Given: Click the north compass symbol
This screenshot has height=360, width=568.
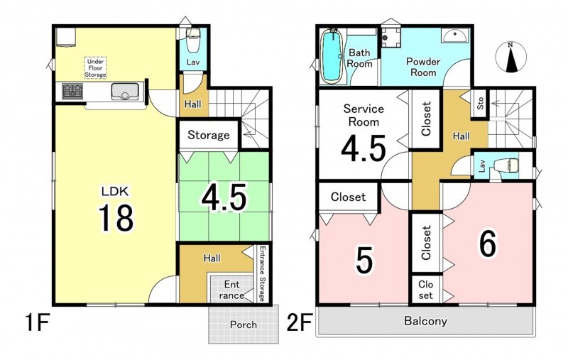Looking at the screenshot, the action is (x=510, y=57).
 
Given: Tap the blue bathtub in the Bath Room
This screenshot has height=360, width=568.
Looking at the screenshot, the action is (x=332, y=56).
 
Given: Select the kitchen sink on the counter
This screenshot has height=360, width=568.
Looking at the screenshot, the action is (x=125, y=91).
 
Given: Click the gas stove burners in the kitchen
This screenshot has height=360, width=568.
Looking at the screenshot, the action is (x=72, y=91).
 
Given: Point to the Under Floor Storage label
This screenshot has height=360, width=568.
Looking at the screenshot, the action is (x=96, y=68).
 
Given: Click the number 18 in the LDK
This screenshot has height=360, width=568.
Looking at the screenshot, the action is (x=116, y=217).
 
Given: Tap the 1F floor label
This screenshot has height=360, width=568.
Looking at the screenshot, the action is (x=38, y=322).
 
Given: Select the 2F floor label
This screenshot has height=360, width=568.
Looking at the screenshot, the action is (x=299, y=322).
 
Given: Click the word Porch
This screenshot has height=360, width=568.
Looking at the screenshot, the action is (x=244, y=324).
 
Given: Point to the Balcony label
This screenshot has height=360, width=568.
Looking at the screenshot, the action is (x=425, y=321).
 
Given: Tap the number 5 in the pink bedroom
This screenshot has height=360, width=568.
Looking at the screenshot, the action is (x=364, y=261).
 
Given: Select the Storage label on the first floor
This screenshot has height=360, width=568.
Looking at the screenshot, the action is (x=208, y=136).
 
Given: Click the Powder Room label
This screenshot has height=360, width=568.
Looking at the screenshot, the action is (x=423, y=67).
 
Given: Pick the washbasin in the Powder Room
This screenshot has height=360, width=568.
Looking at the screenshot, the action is (x=454, y=36).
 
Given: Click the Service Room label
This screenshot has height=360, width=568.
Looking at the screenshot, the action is (x=364, y=115).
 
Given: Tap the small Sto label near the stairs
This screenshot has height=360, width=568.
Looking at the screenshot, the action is (x=481, y=104).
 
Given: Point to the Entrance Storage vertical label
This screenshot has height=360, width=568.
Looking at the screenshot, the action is (x=263, y=274).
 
